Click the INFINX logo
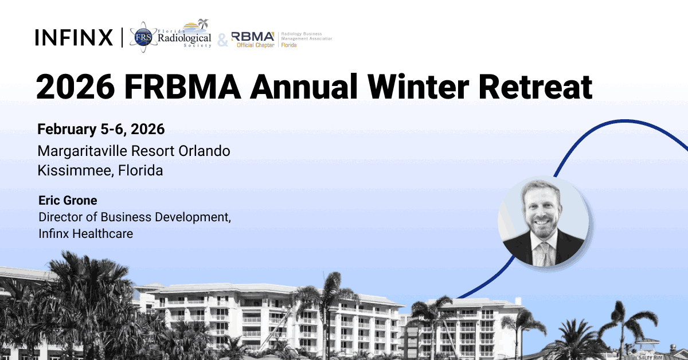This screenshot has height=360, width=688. pyautogui.click(x=74, y=37)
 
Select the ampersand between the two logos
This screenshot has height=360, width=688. pyautogui.click(x=222, y=40)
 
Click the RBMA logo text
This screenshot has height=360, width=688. pyautogui.click(x=253, y=36)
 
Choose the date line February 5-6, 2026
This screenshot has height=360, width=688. pyautogui.click(x=101, y=130)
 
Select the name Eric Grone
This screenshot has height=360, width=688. pyautogui.click(x=68, y=201)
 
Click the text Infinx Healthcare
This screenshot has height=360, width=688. pyautogui.click(x=85, y=233)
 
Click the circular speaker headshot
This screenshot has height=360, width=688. pyautogui.click(x=543, y=221)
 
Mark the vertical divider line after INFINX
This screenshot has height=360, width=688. pyautogui.click(x=122, y=37)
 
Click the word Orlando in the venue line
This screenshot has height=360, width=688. pyautogui.click(x=205, y=151)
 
